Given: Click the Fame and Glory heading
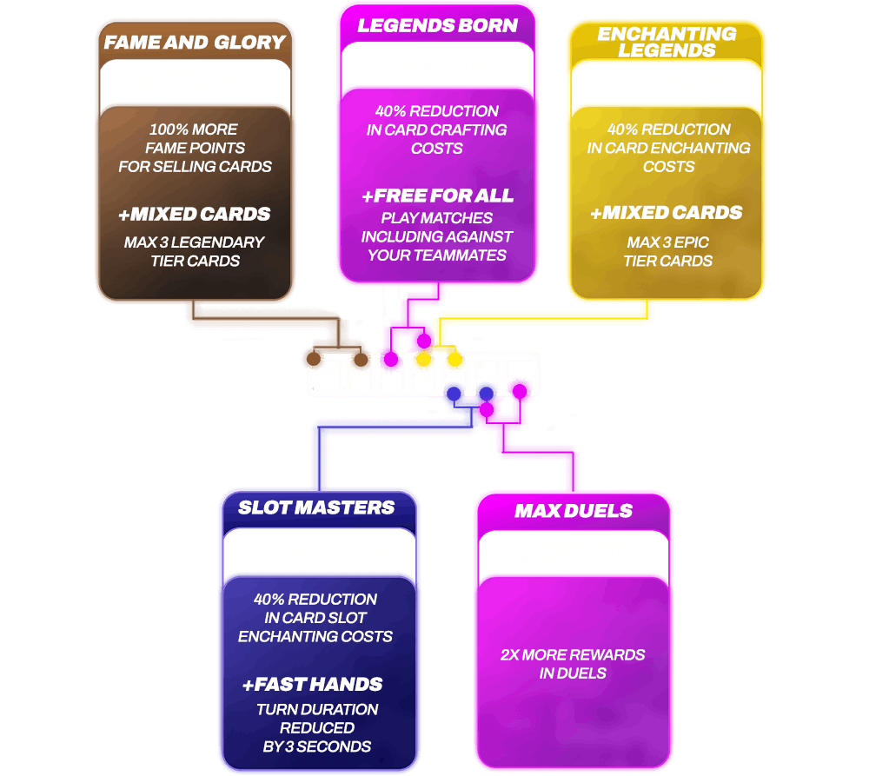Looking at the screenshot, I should tap(195, 42).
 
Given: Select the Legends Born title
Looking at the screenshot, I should tap(437, 25).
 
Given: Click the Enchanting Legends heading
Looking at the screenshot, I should tap(667, 42).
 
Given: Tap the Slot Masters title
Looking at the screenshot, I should tap(316, 507).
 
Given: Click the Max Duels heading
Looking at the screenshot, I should tap(573, 510).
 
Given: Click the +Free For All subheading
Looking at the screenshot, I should tap(437, 196).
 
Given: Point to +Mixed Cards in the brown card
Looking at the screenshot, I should tap(195, 214).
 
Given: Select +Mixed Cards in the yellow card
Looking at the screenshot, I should tap(667, 213).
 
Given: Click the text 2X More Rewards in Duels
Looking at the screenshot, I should tap(573, 664).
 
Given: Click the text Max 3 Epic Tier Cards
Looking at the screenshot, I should tap(667, 251).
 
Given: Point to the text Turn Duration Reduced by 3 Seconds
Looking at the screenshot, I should tap(316, 727).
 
